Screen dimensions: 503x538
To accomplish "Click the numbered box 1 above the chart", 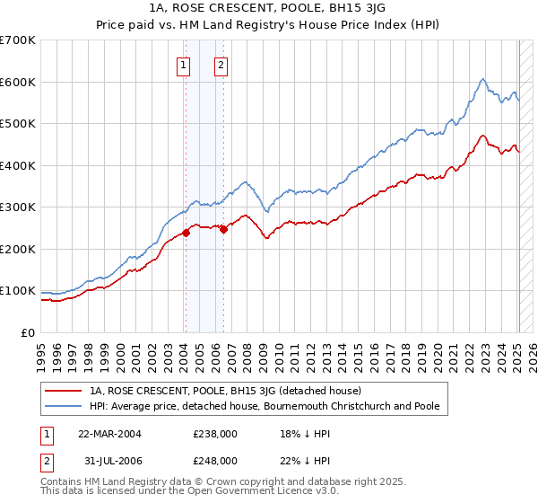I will [184, 64].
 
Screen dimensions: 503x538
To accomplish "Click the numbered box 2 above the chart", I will [221, 64].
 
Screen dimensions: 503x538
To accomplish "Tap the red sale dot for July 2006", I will [223, 229].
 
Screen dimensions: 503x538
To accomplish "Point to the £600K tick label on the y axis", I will [17, 82].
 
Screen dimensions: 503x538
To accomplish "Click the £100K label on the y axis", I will [17, 291].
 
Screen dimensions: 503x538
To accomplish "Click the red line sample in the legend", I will [64, 392].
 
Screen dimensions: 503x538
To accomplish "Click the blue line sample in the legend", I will [64, 407].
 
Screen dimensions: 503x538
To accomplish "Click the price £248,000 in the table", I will [215, 460].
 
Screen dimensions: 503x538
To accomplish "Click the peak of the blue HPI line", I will [482, 79].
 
